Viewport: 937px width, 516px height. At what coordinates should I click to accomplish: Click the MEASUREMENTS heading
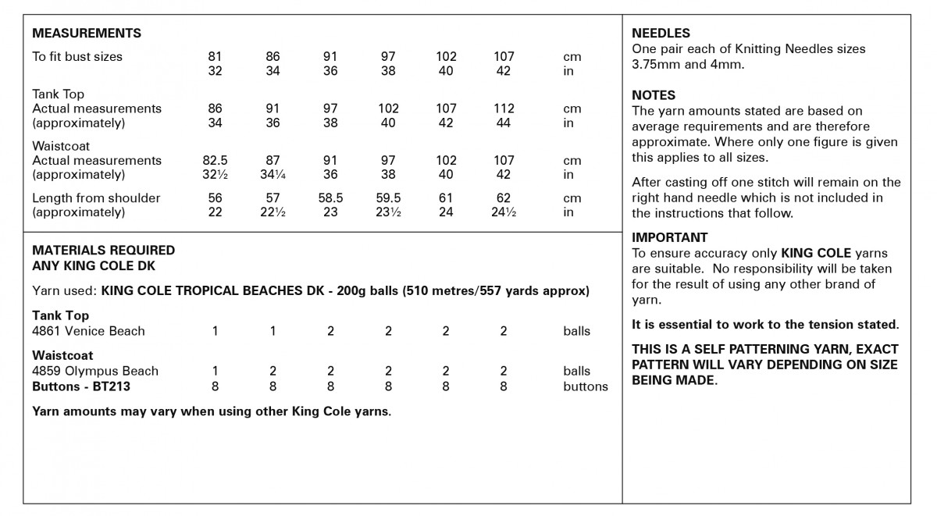[87, 34]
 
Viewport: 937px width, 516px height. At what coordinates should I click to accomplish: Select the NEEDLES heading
[661, 34]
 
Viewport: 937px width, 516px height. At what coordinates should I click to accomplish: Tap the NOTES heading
[654, 95]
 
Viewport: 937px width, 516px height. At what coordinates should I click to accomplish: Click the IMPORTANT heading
[670, 237]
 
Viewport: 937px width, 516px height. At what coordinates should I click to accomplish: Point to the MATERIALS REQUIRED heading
[103, 251]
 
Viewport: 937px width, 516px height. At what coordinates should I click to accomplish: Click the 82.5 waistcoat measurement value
[215, 160]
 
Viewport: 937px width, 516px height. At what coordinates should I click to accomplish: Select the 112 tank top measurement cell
[504, 109]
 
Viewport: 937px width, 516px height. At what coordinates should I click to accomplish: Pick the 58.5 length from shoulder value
[330, 198]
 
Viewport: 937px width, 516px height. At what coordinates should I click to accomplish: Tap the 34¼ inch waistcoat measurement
[273, 175]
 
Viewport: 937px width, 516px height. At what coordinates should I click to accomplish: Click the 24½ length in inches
[504, 212]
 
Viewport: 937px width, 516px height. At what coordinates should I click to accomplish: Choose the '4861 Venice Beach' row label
[88, 331]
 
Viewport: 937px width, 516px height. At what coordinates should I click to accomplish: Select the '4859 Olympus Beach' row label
[95, 371]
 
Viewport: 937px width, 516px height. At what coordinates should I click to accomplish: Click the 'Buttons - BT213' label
[81, 386]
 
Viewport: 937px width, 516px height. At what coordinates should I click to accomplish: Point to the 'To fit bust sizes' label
[77, 56]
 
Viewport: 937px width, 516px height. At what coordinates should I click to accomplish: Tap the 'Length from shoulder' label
[96, 198]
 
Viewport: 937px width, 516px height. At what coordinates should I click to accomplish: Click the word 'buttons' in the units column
[585, 386]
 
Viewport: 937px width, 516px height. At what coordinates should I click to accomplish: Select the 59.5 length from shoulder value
[388, 198]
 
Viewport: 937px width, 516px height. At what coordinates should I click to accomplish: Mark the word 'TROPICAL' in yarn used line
[206, 291]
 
